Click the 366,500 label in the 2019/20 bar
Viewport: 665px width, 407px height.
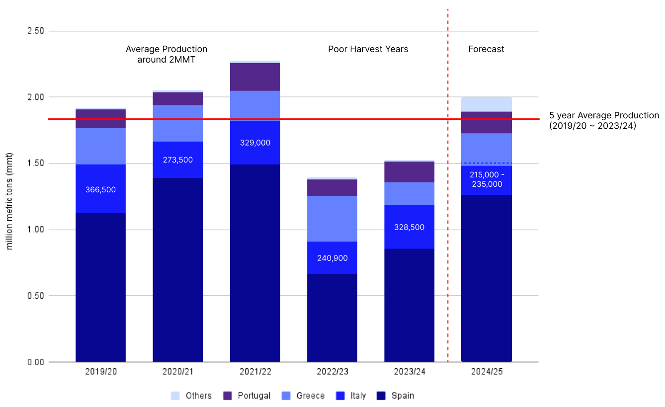pyautogui.click(x=100, y=189)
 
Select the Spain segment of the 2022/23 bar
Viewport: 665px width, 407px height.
pyautogui.click(x=332, y=318)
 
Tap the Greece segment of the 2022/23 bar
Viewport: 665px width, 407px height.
pyautogui.click(x=332, y=219)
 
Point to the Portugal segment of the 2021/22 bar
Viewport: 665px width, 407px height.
pyautogui.click(x=255, y=77)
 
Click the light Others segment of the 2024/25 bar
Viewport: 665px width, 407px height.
pyautogui.click(x=487, y=104)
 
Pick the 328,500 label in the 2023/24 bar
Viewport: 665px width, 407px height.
pyautogui.click(x=409, y=227)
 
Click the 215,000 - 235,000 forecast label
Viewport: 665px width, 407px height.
pyautogui.click(x=487, y=179)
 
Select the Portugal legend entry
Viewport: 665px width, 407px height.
pyautogui.click(x=248, y=396)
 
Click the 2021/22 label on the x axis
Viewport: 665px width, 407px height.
pyautogui.click(x=255, y=372)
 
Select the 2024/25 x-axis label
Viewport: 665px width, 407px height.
pyautogui.click(x=487, y=372)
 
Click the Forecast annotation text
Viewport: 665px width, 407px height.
pyautogui.click(x=486, y=49)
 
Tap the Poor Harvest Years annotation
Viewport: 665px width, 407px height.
pyautogui.click(x=368, y=49)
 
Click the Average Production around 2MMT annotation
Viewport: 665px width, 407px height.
pyautogui.click(x=166, y=54)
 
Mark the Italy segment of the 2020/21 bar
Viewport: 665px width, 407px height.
pyautogui.click(x=177, y=160)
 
